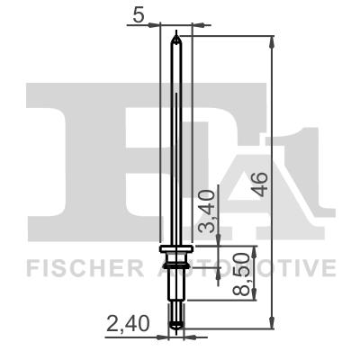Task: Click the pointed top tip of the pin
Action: point(177,36)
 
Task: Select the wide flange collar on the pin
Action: point(176,248)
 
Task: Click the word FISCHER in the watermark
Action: point(79,268)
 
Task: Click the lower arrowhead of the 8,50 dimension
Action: point(255,297)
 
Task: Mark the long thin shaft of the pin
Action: point(177,144)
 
